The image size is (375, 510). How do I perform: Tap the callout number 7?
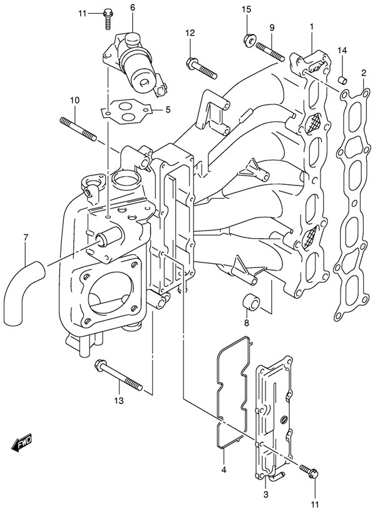[x=26, y=237]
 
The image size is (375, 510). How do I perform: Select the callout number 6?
[x=132, y=7]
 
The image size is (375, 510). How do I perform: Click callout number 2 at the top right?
[x=362, y=74]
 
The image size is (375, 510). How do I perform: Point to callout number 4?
[x=222, y=469]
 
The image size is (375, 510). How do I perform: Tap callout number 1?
[x=311, y=26]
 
